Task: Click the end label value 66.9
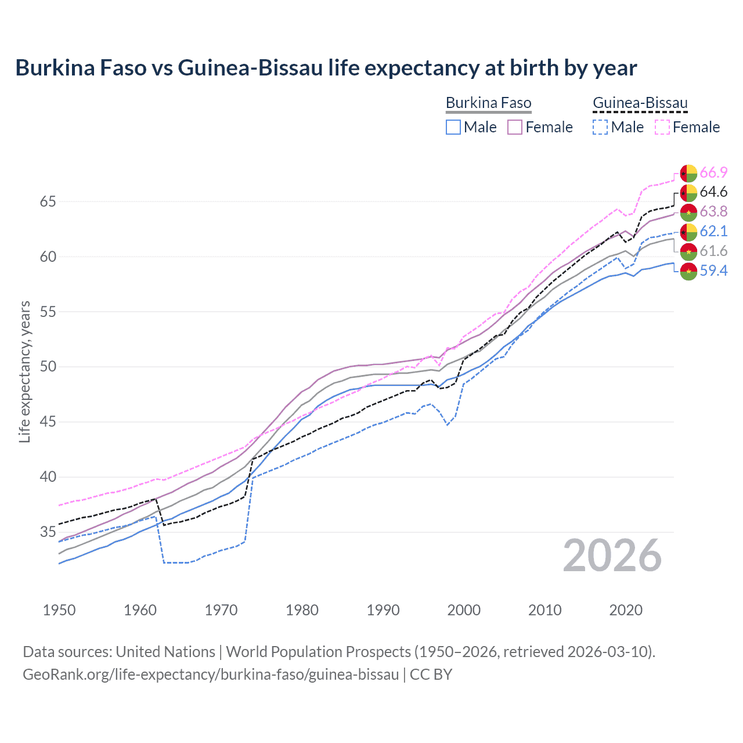tap(713, 173)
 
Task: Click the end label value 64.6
tap(713, 192)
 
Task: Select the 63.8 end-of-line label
tap(713, 212)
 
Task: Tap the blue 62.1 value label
tap(713, 232)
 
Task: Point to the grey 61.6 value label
tap(713, 251)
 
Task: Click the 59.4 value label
tap(713, 270)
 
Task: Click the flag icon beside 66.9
tap(688, 173)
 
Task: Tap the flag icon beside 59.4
tap(688, 271)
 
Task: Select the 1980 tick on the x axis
tap(302, 610)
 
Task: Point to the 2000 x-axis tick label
tap(464, 610)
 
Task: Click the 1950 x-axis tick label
tap(59, 610)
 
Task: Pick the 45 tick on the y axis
tap(48, 422)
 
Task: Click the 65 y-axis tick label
tap(48, 202)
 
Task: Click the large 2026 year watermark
tap(612, 556)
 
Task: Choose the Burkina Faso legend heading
tap(488, 103)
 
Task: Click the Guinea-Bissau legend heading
tap(640, 103)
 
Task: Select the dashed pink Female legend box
tap(662, 127)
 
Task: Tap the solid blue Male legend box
tap(453, 127)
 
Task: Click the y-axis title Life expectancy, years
tap(25, 371)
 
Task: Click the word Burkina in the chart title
tap(52, 68)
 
